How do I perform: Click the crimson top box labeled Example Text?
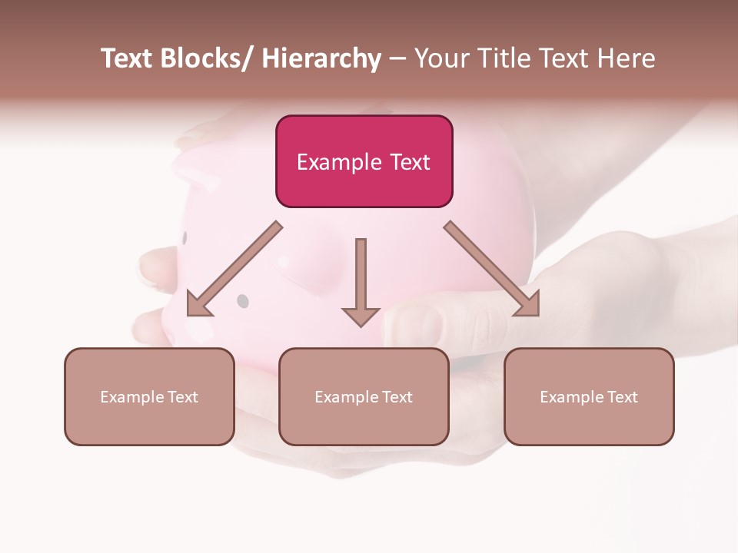[x=364, y=161]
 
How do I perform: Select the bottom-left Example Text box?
[x=149, y=396]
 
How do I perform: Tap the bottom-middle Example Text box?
[x=364, y=396]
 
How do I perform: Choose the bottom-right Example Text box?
[x=589, y=396]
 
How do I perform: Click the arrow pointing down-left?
[x=231, y=270]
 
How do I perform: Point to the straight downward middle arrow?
[x=361, y=276]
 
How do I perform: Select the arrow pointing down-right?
[x=492, y=269]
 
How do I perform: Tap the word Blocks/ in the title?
[x=207, y=58]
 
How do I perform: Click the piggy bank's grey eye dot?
[x=243, y=301]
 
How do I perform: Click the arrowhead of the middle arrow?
[x=361, y=316]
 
